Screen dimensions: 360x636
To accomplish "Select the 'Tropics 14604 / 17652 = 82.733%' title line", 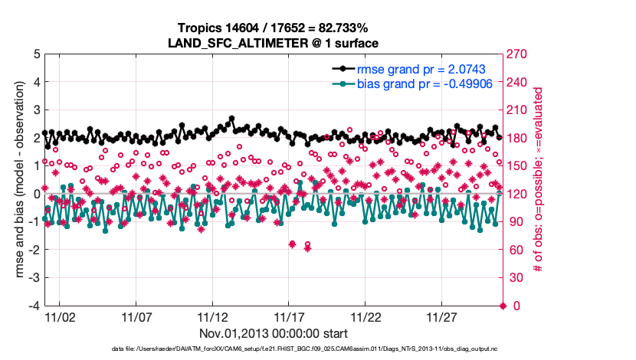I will (x=273, y=28).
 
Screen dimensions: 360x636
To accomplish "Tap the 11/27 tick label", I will (x=443, y=316).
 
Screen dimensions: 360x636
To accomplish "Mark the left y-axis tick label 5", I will (x=37, y=54).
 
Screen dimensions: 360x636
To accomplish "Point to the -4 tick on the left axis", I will (x=34, y=306).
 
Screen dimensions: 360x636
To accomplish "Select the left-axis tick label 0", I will (x=37, y=194).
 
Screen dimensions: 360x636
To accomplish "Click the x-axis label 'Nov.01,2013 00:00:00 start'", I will (x=274, y=333).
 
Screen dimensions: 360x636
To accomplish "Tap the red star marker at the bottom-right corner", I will (x=503, y=306).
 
